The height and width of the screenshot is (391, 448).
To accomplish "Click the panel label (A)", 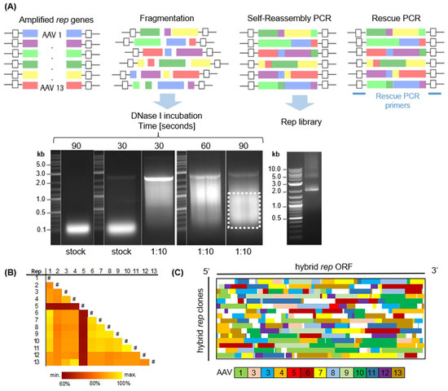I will [x=11, y=7].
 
